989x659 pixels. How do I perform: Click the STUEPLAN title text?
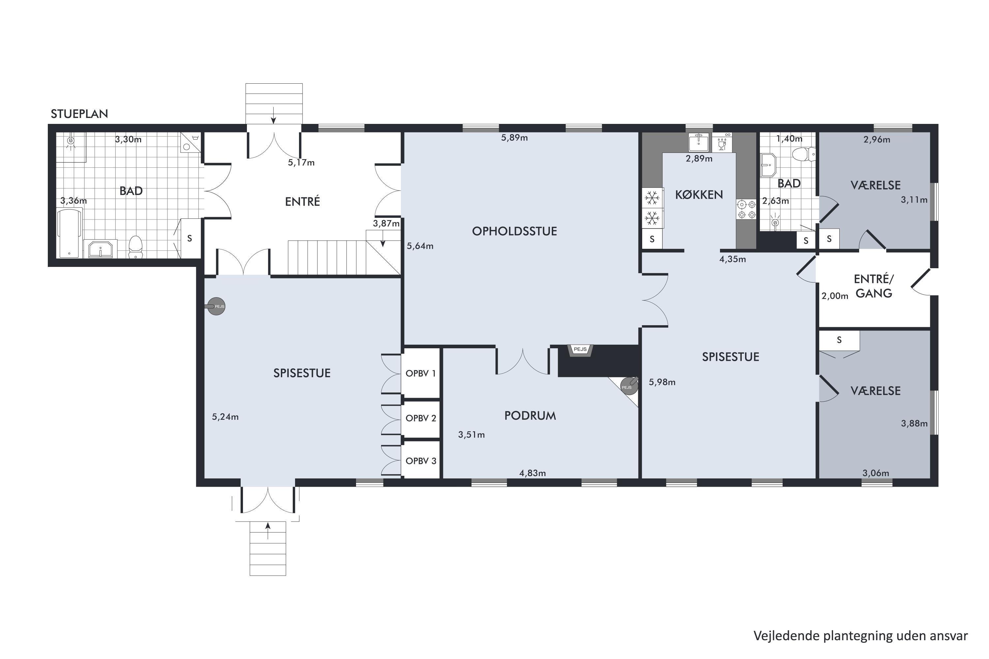(x=79, y=114)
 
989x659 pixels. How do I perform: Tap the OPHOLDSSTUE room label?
(x=514, y=231)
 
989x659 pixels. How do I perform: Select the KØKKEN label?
(x=699, y=195)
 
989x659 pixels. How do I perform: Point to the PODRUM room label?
(x=530, y=415)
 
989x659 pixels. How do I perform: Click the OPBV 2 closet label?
(x=421, y=418)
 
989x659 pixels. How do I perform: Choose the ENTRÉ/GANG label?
(x=874, y=286)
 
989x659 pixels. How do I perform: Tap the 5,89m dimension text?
(x=514, y=138)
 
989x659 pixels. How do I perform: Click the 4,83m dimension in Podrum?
(x=532, y=473)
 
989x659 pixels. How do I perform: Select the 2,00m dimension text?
(x=835, y=296)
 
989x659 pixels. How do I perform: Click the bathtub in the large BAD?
(x=69, y=233)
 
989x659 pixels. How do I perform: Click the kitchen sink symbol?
(x=699, y=142)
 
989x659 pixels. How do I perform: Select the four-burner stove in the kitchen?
(x=746, y=209)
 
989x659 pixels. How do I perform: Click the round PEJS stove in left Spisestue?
(x=215, y=306)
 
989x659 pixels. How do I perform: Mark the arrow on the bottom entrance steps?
(x=268, y=530)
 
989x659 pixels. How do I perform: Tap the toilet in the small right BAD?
(x=804, y=154)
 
